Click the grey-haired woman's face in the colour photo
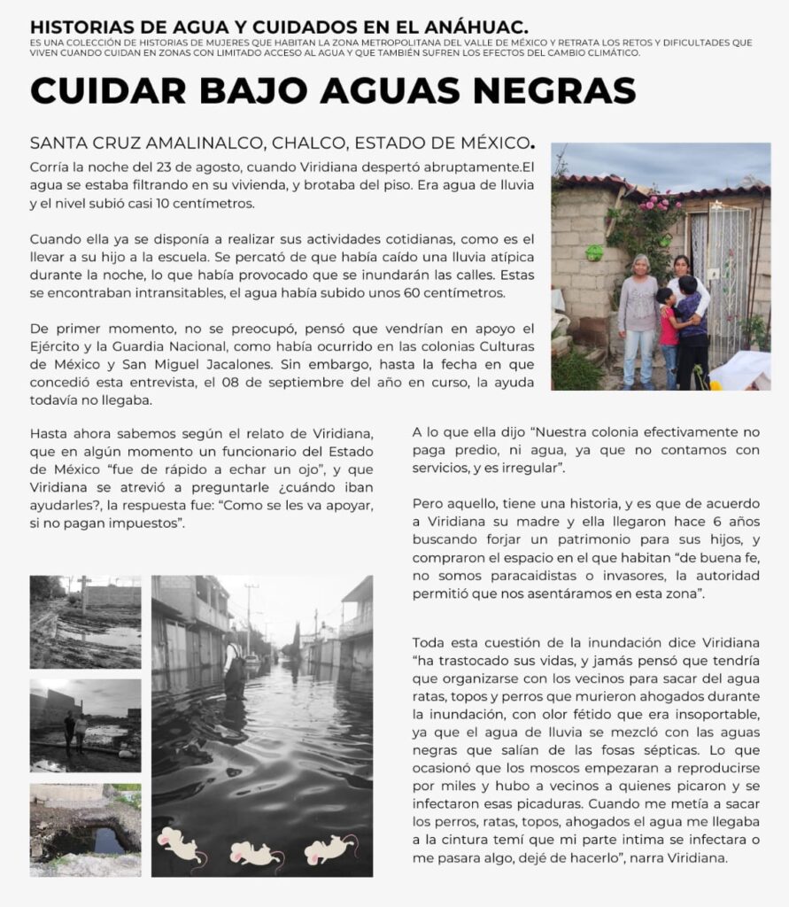tap(639, 266)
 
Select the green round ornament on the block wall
tap(593, 252)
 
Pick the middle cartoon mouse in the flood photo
tap(254, 854)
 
